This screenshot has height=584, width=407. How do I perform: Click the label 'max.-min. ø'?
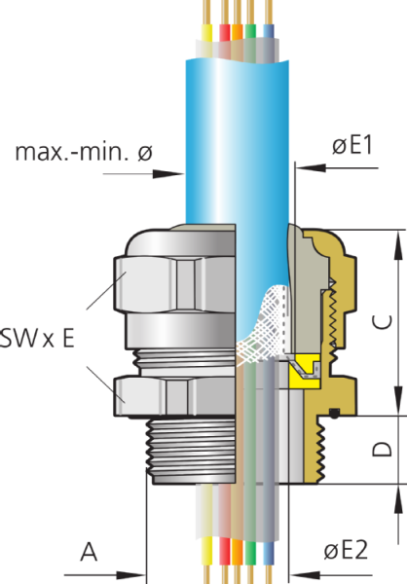[x=84, y=152]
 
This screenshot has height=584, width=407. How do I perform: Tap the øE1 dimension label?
[x=353, y=146]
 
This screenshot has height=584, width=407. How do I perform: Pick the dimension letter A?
[x=89, y=552]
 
